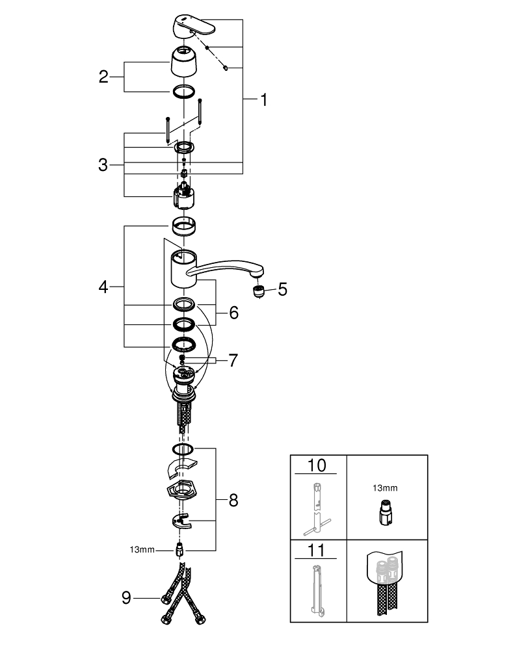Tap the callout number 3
103,165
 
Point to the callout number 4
103,287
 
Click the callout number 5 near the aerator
282,289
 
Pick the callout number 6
233,313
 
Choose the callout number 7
233,360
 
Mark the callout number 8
233,500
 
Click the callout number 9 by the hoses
127,597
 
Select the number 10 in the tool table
318,466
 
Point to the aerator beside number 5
257,291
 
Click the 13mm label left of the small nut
142,550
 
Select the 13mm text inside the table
386,487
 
